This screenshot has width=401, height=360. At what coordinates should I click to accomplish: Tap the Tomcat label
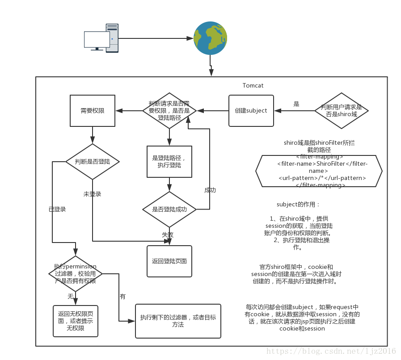253,85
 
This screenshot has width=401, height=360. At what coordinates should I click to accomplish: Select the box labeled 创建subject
251,110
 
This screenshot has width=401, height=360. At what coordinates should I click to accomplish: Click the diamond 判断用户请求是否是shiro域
342,111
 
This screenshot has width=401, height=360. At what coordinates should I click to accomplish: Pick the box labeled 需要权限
93,110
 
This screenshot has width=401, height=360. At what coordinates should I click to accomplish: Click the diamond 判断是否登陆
93,161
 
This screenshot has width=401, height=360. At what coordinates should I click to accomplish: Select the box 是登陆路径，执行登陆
169,161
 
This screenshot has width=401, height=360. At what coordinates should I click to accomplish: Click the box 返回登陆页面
169,261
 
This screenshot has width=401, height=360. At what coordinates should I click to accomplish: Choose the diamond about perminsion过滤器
75,273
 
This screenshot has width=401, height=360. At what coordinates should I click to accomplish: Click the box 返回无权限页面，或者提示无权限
75,321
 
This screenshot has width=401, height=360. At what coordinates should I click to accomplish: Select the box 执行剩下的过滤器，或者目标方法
178,321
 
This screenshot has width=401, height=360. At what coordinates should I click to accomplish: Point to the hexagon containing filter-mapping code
319,171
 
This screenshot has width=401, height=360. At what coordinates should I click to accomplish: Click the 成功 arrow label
210,190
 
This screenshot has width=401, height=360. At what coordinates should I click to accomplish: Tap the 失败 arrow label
168,234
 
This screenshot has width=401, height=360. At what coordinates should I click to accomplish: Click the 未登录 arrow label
92,194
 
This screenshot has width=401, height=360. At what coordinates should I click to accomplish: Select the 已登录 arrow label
57,209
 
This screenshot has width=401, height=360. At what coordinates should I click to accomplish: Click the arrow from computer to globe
154,38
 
